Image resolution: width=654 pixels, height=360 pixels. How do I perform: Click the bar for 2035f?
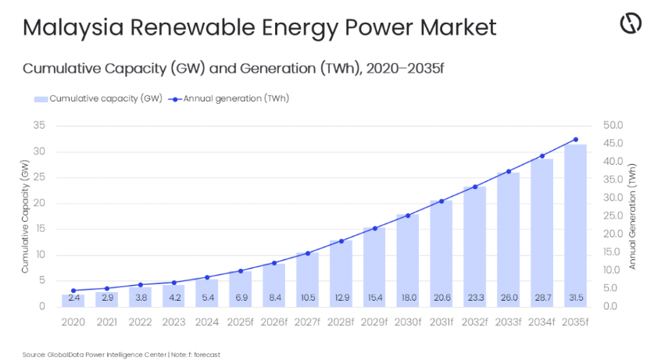pos(576,226)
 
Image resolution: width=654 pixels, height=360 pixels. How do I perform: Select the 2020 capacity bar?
pos(73,301)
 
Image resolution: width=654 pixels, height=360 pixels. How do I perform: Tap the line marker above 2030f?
pos(408,216)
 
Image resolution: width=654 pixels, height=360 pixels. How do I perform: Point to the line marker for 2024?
pos(207,277)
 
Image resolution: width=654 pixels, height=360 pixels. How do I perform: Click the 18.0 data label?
pos(409,298)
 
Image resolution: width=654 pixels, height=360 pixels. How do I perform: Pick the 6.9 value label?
pos(241,298)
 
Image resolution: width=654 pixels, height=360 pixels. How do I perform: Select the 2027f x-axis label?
pos(307,322)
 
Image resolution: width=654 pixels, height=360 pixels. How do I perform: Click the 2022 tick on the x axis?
pos(140,322)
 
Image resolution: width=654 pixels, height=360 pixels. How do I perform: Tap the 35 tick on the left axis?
pos(39,125)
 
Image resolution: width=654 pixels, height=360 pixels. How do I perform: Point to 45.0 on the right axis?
pos(613,144)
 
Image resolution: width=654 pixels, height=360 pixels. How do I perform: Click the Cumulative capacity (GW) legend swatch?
pos(41,99)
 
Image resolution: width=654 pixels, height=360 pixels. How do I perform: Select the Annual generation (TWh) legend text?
pos(236,98)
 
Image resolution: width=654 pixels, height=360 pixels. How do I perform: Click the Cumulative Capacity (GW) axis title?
pos(25,216)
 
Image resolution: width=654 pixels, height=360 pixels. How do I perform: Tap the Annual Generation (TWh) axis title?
pos(632,216)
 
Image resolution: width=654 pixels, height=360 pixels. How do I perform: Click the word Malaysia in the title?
pos(73,28)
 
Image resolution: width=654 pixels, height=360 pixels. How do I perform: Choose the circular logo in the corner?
pos(631,23)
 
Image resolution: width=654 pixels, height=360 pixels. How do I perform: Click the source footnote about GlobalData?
pos(121,355)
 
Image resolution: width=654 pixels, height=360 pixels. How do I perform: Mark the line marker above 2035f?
pos(576,140)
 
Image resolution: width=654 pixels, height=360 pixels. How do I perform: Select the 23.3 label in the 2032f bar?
pos(476,298)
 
